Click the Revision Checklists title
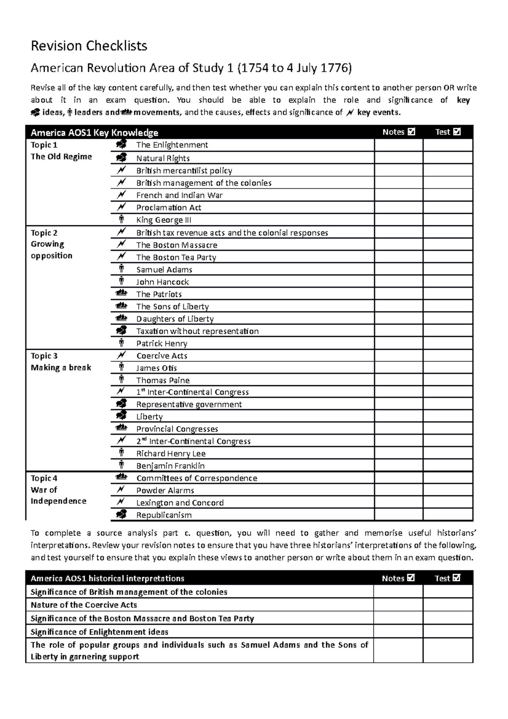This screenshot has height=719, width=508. pos(89,46)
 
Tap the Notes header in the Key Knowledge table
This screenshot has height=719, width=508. pos(393,132)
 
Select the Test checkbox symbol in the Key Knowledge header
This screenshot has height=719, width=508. pos(456,132)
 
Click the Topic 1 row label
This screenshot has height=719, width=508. pos(44,145)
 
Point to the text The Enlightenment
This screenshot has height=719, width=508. pos(172,145)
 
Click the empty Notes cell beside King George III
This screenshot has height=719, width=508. pos(398,220)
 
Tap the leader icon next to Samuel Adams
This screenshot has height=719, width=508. pos(121,269)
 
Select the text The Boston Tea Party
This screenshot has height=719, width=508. pos(176,257)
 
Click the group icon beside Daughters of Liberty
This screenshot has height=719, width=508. pos(121,318)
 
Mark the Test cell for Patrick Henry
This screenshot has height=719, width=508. pos(447,343)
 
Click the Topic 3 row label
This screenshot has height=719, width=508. pos(44,356)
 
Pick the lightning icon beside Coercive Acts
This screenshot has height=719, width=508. pos(121,356)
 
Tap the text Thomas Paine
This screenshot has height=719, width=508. pos(163,380)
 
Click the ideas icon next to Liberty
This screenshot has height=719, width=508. pos(121,416)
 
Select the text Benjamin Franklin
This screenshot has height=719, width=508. pos(170,466)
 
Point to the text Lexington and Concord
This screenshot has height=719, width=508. pos(180,503)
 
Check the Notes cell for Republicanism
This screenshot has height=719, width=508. pos(398,515)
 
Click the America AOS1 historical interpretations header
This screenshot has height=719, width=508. pos(108,578)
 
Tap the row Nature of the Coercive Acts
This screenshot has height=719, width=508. pos(84,605)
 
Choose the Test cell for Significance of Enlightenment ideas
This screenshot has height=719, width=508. pos(447,632)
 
